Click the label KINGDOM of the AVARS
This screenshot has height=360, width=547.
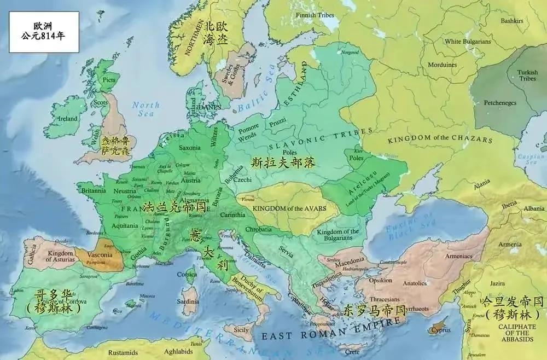coord(288,208)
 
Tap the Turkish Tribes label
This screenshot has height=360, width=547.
coord(528,75)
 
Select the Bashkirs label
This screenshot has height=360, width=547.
coord(511,21)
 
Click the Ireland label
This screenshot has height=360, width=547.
coord(68,119)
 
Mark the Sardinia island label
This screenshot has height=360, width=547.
coord(190,301)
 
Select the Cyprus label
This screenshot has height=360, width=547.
coord(440,330)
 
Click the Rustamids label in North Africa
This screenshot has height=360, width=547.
coord(123,352)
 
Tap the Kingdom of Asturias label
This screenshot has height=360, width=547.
coord(60,256)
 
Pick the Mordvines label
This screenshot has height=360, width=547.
coord(442,65)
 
